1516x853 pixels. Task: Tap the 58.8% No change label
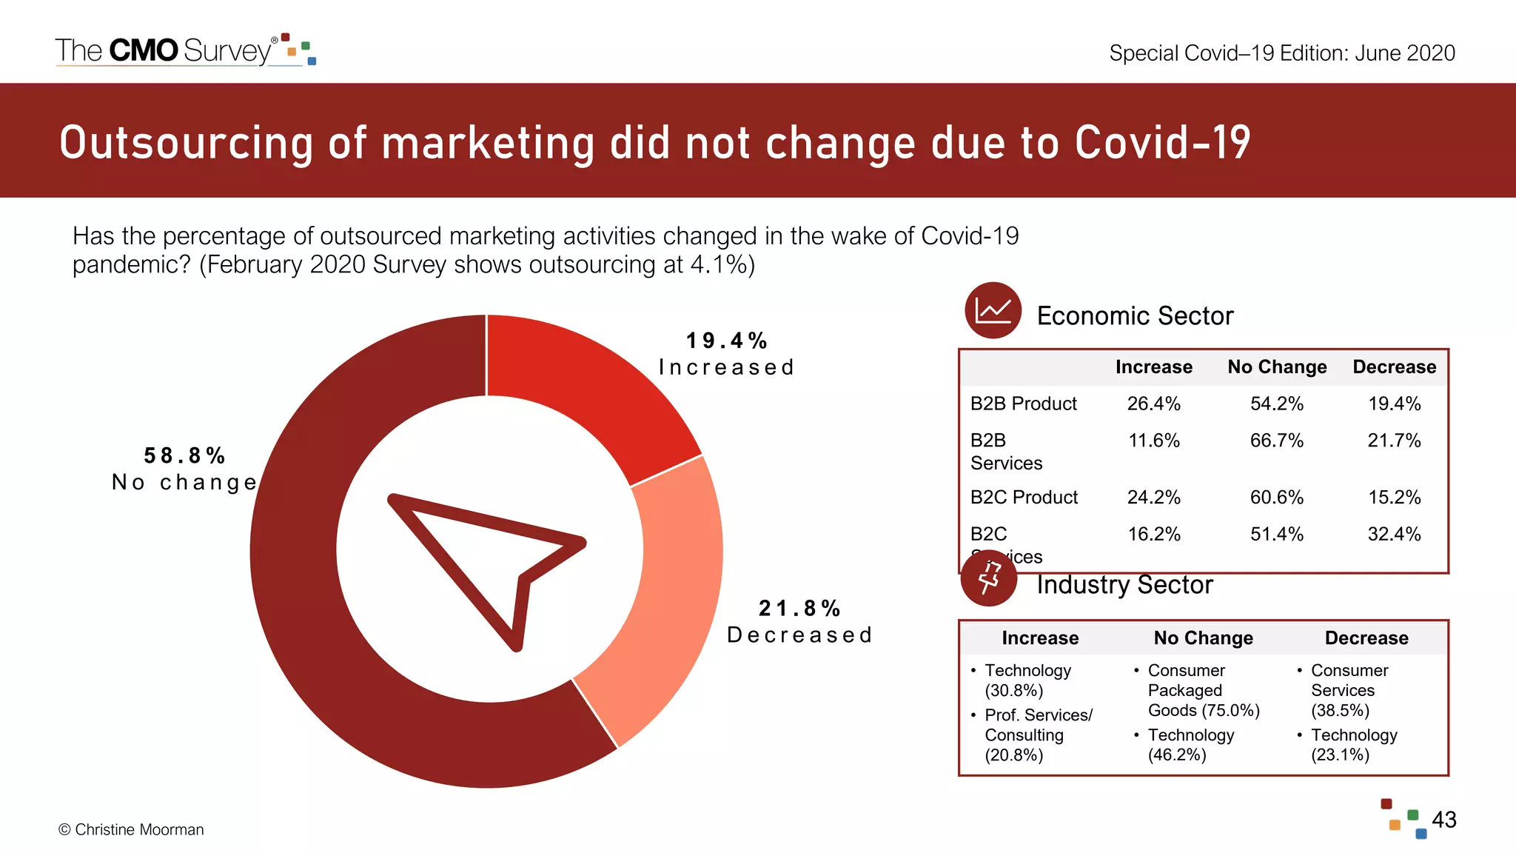(184, 469)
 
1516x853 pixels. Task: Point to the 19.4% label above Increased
(726, 341)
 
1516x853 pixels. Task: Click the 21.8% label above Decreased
(799, 609)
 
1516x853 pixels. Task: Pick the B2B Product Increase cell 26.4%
(1153, 404)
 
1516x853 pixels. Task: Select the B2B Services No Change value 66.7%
(1276, 441)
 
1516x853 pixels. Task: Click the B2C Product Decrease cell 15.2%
(1394, 498)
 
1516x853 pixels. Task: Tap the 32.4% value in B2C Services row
(1394, 535)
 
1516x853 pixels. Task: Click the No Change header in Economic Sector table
(1276, 367)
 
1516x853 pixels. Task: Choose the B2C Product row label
(1024, 498)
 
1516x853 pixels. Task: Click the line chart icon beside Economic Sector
(993, 310)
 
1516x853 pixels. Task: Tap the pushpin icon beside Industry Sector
(989, 578)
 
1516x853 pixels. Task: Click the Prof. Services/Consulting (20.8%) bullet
(1037, 735)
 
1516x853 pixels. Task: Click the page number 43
(1443, 820)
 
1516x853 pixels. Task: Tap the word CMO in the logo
(143, 50)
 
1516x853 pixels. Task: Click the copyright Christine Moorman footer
(131, 830)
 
